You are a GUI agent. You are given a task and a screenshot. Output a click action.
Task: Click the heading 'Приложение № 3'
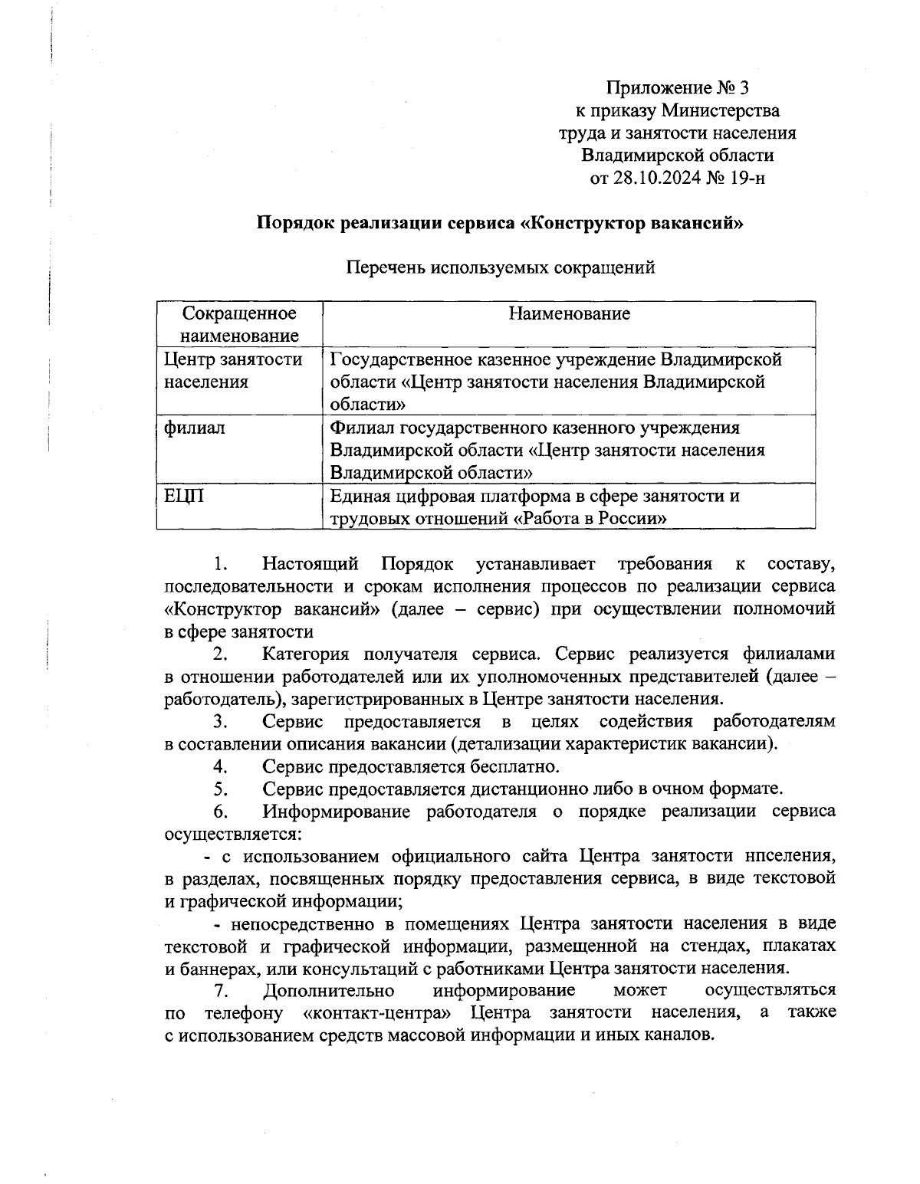pos(677,88)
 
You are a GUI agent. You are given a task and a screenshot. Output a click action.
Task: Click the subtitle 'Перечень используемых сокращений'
pos(501,267)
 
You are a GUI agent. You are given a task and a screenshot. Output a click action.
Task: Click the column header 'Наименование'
pos(569,313)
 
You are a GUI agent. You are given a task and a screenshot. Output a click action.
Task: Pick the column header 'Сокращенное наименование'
pos(239,324)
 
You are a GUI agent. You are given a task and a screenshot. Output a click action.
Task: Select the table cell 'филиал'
pos(195,428)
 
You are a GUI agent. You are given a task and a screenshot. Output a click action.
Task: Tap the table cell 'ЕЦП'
pos(185,497)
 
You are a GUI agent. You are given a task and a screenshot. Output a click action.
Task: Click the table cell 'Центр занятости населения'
pos(233,370)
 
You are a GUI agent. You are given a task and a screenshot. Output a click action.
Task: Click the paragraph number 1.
pos(221,565)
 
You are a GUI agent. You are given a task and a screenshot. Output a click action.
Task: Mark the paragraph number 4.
pos(221,766)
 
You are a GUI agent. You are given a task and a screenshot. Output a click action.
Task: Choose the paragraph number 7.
pos(221,990)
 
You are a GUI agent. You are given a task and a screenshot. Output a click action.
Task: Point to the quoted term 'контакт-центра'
pos(377,1013)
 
